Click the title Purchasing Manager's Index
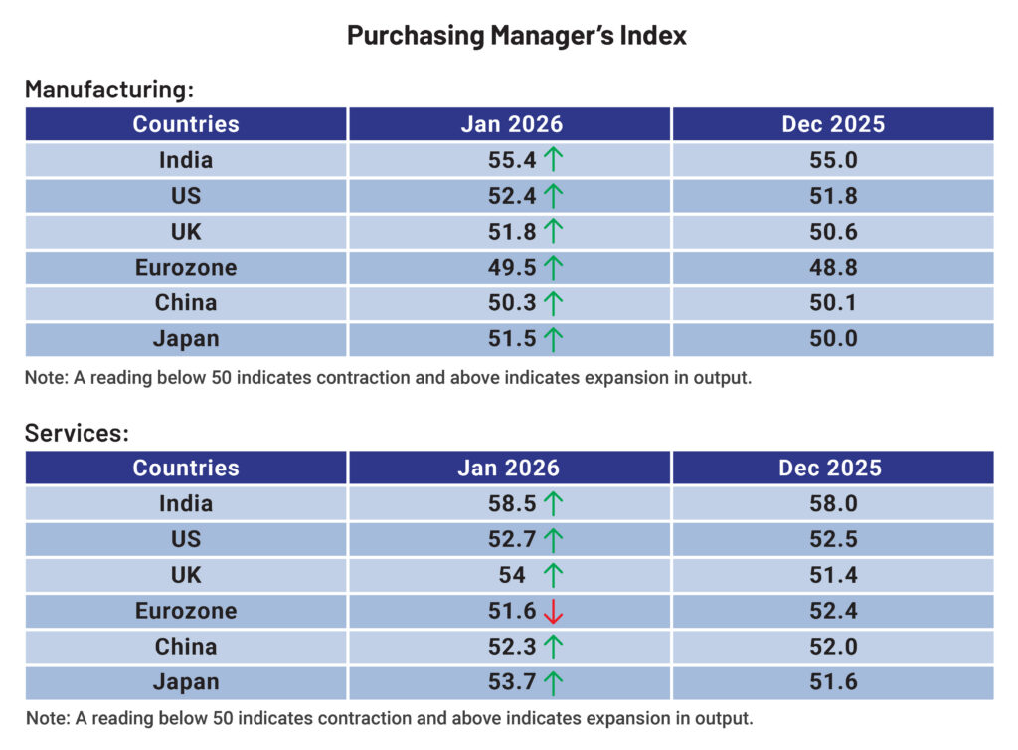(516, 36)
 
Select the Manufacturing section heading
(109, 90)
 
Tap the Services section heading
(78, 433)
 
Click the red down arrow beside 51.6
(554, 611)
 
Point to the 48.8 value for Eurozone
(832, 268)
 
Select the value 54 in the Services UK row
(512, 575)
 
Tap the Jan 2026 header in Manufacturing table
(511, 124)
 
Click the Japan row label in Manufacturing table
(186, 339)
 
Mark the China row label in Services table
(186, 647)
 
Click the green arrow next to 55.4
(554, 160)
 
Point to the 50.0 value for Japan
(832, 339)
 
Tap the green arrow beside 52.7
(554, 539)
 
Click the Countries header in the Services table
(186, 468)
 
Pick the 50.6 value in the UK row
(832, 232)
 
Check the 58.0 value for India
(832, 503)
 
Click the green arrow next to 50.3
(554, 303)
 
